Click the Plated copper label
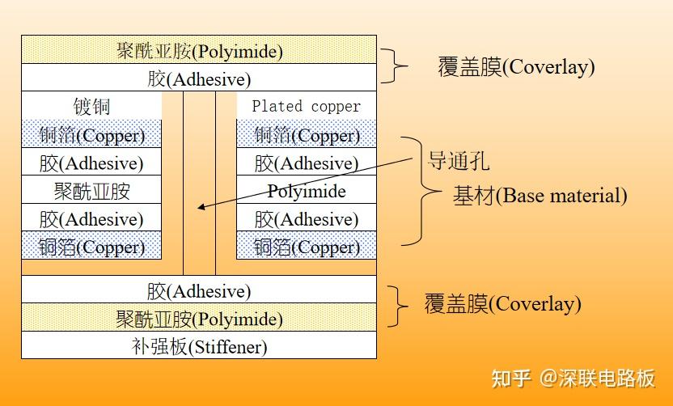[x=306, y=106]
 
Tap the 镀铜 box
[x=91, y=107]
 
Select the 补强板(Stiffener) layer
[x=199, y=347]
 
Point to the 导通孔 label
[x=458, y=160]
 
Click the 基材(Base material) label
[x=540, y=196]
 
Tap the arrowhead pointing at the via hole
[x=201, y=207]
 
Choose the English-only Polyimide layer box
[x=306, y=191]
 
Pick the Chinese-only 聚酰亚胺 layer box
[x=91, y=191]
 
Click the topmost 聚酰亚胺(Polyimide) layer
[x=199, y=52]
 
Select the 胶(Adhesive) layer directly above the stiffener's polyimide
[x=199, y=290]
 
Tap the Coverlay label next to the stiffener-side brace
[x=502, y=304]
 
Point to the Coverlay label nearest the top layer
[x=516, y=66]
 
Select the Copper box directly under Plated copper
[x=306, y=135]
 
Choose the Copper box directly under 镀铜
[x=91, y=135]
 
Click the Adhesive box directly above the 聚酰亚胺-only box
[x=91, y=163]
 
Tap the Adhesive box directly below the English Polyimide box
[x=306, y=219]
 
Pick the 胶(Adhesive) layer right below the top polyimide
[x=199, y=79]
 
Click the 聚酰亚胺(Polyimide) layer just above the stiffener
[x=199, y=319]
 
